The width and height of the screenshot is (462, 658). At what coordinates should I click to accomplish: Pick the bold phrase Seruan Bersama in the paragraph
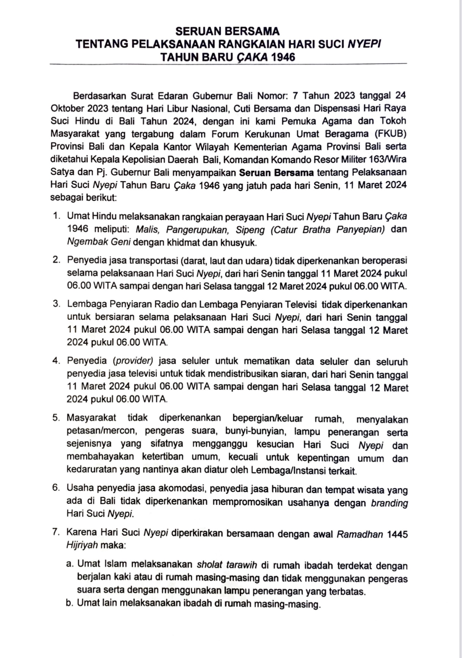click(276, 173)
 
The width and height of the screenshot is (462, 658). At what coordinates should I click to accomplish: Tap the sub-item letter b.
click(69, 603)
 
